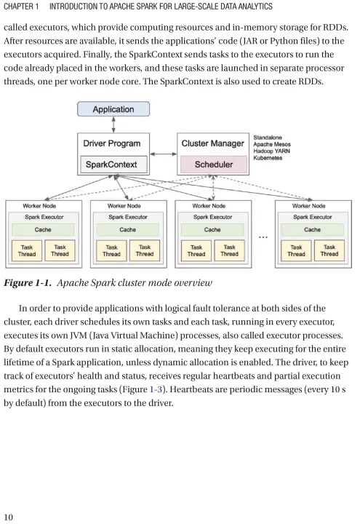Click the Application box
tap(113, 109)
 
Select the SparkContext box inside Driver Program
tap(113, 164)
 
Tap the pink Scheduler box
tap(214, 164)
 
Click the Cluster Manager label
tap(212, 143)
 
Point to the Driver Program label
tap(111, 143)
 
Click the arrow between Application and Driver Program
tap(113, 124)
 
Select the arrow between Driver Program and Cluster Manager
tap(164, 154)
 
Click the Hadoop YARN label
tap(271, 151)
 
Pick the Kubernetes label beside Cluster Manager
tap(268, 158)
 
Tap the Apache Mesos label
tap(272, 144)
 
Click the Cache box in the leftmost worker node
tap(43, 229)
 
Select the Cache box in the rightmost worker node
tap(312, 229)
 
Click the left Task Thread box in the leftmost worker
tap(27, 250)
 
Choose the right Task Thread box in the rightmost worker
tap(329, 250)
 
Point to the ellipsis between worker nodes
tap(263, 237)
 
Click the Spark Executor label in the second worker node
tap(128, 217)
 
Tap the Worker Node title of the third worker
tap(209, 206)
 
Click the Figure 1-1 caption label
tap(28, 283)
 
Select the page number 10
tap(8, 517)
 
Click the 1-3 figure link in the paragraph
tap(156, 389)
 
